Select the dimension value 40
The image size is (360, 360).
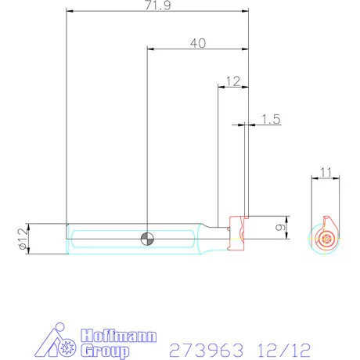pyautogui.click(x=198, y=44)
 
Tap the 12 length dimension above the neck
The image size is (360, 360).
pyautogui.click(x=232, y=81)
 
